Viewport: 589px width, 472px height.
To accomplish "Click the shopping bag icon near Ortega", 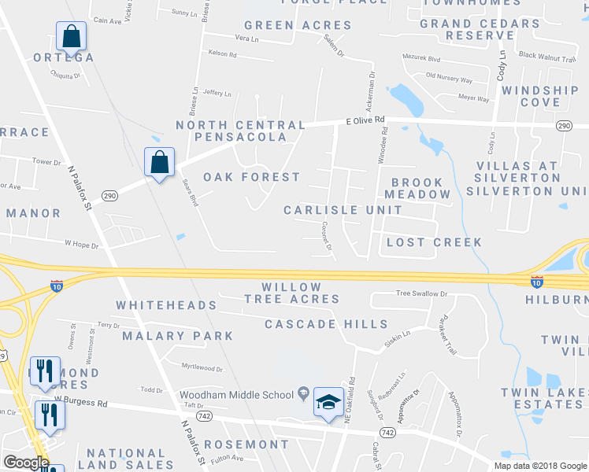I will pos(71,36).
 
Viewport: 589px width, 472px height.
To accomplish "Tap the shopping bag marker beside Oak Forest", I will pos(159,163).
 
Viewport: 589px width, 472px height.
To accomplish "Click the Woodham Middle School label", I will pos(237,394).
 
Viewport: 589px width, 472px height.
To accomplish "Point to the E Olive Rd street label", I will pos(366,120).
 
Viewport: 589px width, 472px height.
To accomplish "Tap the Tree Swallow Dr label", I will pos(421,293).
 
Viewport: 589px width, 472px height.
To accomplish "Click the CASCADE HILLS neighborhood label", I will pos(326,324).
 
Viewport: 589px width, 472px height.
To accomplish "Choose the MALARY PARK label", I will pos(178,336).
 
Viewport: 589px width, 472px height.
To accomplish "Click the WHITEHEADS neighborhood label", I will pos(166,304).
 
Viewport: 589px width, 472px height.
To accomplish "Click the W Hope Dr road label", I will pos(81,245).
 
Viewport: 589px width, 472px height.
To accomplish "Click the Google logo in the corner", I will pos(26,463).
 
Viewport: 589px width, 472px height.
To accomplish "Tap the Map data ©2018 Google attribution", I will pos(539,466).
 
